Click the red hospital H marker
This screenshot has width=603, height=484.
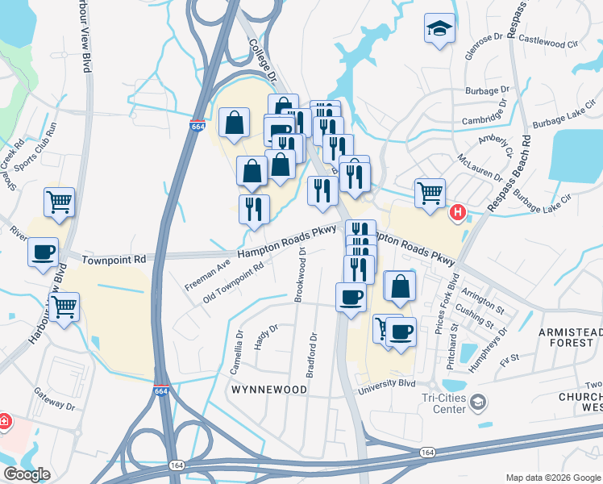[x=457, y=213]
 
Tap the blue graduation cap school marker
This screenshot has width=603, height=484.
[x=439, y=29]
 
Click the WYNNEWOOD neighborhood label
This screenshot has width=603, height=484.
[x=269, y=390]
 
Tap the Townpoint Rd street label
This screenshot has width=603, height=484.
[x=114, y=260]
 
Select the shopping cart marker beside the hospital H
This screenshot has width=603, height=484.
[x=430, y=193]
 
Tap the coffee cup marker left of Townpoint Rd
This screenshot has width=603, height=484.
[x=44, y=251]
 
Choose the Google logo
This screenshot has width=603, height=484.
[x=26, y=474]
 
